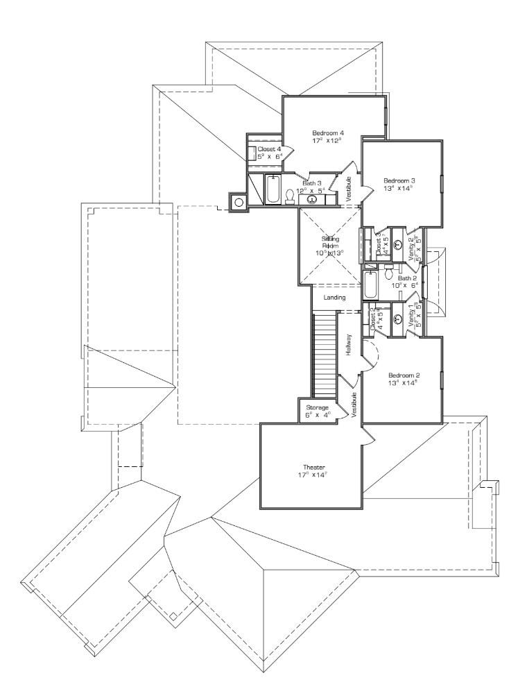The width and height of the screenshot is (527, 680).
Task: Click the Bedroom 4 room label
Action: click(328, 133)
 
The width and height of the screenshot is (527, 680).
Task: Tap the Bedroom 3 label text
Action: click(399, 180)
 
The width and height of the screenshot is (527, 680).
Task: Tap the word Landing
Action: click(334, 298)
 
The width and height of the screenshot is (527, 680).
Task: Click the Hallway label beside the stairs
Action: click(349, 346)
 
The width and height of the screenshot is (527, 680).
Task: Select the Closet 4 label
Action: click(269, 148)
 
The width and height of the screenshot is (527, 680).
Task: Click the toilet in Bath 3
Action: click(290, 198)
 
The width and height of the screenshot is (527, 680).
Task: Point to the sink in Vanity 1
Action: click(398, 319)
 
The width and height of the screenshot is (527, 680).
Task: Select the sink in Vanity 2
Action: click(398, 244)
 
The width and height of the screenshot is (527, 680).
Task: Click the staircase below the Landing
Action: click(325, 354)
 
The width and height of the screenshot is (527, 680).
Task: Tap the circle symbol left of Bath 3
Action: click(239, 203)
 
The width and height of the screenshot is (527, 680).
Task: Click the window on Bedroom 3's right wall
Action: click(442, 187)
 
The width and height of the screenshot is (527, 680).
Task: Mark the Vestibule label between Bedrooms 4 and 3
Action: click(349, 189)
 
